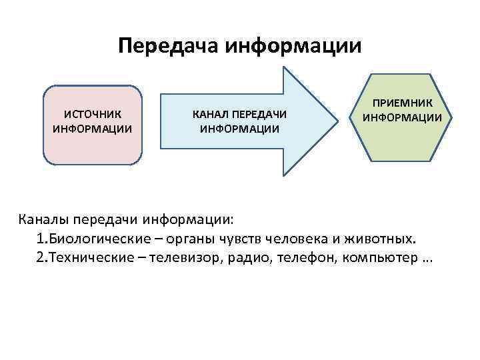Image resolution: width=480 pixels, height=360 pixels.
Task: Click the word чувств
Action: pos(243,239)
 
